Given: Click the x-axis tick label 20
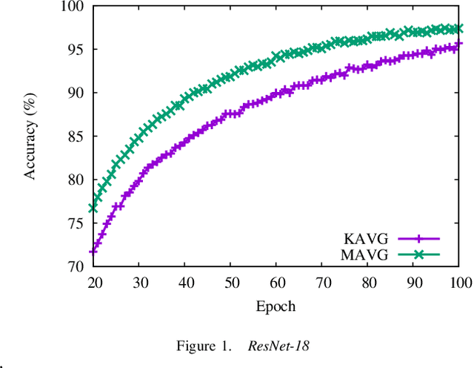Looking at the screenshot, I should pos(93,282).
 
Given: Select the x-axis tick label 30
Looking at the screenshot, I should pos(139,282).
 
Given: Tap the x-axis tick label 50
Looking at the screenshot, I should pos(230,282).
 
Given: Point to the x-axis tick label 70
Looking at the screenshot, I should pos(322,282).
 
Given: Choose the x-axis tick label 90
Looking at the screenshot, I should pos(413,282).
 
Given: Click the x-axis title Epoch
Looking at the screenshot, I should pos(276,305).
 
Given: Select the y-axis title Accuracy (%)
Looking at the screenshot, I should pos(31,137).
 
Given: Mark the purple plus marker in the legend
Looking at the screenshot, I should pos(419,239).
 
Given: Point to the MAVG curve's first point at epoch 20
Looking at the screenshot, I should pos(93,208).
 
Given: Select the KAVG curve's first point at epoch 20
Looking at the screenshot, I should pos(93,252).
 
